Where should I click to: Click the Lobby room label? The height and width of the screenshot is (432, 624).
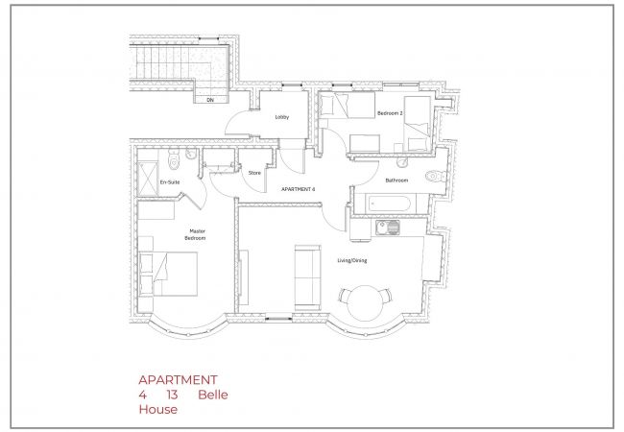(282, 117)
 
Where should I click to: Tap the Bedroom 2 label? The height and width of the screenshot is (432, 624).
(390, 113)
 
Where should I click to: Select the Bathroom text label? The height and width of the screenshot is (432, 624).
(396, 180)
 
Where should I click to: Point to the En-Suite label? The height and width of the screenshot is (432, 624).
(170, 182)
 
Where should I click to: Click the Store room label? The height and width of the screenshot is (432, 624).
(254, 173)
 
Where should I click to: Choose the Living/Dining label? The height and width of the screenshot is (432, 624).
(352, 260)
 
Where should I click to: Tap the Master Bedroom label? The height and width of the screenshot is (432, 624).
(196, 234)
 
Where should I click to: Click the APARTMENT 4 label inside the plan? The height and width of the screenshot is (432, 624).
(298, 189)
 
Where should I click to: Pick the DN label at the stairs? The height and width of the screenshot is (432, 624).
(210, 100)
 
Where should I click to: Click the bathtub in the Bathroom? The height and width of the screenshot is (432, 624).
(389, 204)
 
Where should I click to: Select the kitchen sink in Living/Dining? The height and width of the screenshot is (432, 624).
(388, 228)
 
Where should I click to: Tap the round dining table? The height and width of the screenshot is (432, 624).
(366, 303)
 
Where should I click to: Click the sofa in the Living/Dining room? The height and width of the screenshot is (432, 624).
(307, 277)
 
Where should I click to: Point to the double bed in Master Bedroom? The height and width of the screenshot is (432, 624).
(168, 274)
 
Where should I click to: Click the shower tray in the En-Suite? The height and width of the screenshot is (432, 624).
(147, 179)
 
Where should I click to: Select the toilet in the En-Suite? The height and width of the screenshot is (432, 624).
(174, 158)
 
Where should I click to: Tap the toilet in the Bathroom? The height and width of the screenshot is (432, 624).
(436, 176)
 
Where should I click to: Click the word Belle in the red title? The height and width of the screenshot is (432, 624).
(213, 395)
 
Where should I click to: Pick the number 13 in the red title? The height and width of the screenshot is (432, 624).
(172, 395)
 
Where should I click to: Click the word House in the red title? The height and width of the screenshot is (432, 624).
(158, 409)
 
